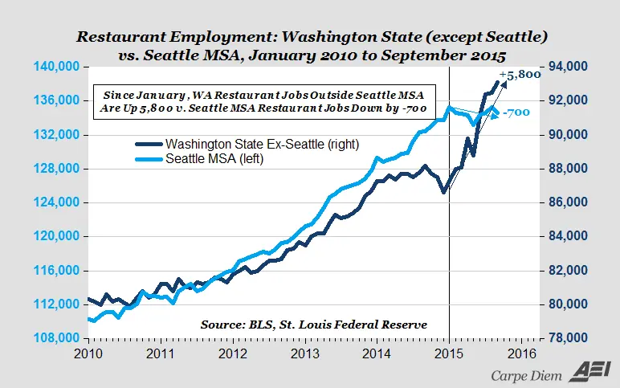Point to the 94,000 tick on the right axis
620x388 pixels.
click(x=567, y=66)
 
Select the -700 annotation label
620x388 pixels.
click(x=517, y=113)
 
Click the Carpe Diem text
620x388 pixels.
click(x=528, y=374)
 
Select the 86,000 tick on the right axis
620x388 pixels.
click(x=567, y=202)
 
